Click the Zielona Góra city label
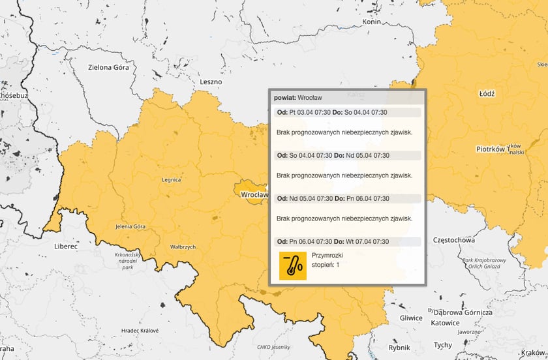click(109, 67)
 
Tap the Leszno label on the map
click(211, 82)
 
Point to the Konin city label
click(371, 22)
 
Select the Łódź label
click(487, 93)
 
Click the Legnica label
click(172, 178)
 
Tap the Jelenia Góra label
click(130, 226)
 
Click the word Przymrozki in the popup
click(327, 255)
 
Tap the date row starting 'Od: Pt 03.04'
click(332, 113)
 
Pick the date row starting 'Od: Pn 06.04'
click(333, 241)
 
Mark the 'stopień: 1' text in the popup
click(326, 265)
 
